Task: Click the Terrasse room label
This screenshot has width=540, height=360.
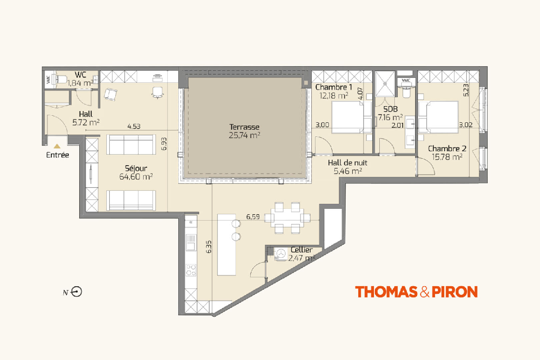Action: click(x=244, y=127)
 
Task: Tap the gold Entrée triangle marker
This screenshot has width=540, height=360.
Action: click(x=57, y=146)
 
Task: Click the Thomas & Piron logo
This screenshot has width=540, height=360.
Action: click(x=416, y=292)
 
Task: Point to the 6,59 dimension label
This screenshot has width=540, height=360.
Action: click(x=253, y=217)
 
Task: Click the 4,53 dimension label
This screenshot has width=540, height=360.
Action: click(x=134, y=126)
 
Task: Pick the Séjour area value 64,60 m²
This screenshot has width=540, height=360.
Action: click(x=136, y=177)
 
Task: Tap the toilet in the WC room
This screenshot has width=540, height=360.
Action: click(x=60, y=79)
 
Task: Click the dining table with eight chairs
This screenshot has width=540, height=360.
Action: click(x=287, y=218)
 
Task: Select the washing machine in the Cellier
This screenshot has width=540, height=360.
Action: click(x=281, y=254)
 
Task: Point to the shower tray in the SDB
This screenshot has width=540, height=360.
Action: click(x=385, y=84)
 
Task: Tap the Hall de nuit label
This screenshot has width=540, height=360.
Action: click(x=347, y=163)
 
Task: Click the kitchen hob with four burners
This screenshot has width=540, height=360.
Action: click(x=191, y=270)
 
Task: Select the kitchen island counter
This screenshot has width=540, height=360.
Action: click(x=227, y=244)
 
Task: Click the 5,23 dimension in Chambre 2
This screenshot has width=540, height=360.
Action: click(x=466, y=90)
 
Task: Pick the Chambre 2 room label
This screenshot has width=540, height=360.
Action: click(x=447, y=148)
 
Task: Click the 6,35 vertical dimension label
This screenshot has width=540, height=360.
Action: click(x=209, y=247)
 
